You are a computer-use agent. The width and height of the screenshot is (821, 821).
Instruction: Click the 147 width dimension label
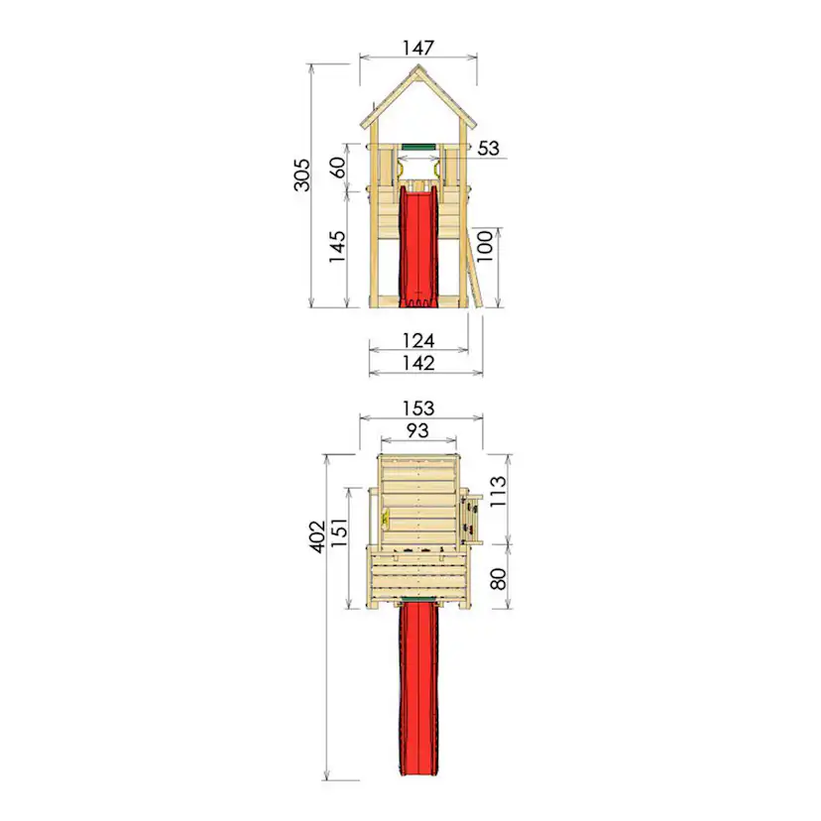click(x=418, y=48)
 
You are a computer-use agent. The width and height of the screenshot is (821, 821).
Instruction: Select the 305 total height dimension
click(x=302, y=175)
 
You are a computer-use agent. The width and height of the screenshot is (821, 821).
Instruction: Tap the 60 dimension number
click(x=339, y=168)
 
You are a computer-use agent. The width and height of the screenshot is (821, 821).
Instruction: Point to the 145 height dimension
click(x=338, y=246)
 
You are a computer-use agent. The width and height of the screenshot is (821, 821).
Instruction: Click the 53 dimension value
click(x=488, y=148)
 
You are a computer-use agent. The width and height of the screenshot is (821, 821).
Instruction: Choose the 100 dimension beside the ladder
click(x=485, y=246)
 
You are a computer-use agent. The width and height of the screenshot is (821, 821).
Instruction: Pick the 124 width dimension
click(x=418, y=341)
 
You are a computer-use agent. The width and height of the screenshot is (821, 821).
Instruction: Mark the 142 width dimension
click(x=418, y=363)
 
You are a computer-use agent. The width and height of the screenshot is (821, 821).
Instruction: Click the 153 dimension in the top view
click(x=418, y=409)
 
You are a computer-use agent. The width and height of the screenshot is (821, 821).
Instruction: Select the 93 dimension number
click(x=417, y=430)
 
